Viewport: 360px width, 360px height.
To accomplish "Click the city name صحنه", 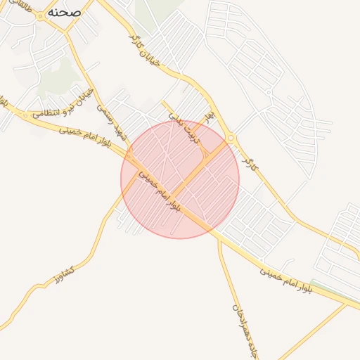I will (x=65, y=13).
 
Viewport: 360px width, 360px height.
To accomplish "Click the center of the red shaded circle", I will (x=180, y=179).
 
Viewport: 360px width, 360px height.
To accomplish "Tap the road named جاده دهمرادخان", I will (x=226, y=281).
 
